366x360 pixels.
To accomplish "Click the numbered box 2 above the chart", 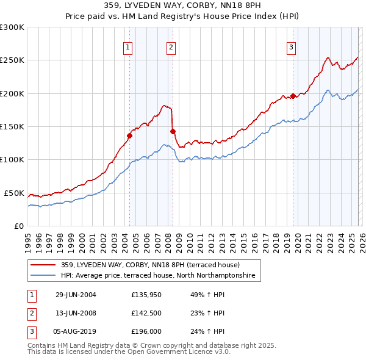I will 171,47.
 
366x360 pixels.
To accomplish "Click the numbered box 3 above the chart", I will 292,47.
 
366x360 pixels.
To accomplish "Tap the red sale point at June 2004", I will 130,135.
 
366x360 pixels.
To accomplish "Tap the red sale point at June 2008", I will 173,131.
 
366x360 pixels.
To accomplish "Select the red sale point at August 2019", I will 293,96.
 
